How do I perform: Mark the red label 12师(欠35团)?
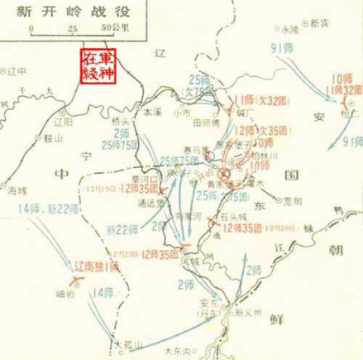[260, 130]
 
